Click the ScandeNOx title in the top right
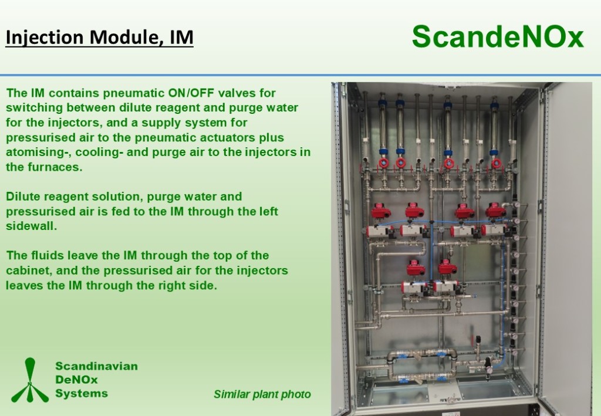(x=498, y=37)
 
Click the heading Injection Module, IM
(x=99, y=38)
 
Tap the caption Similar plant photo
(x=262, y=394)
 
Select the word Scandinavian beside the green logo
(x=97, y=366)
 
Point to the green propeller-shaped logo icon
(x=30, y=380)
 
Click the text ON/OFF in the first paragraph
(x=191, y=93)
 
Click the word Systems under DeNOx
(x=82, y=393)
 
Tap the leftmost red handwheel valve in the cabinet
(x=384, y=163)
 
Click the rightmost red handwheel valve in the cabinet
(x=496, y=163)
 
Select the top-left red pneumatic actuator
(x=381, y=211)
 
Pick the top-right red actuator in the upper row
(x=496, y=211)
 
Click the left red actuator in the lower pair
(x=417, y=268)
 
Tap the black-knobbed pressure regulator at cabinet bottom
(x=488, y=367)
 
